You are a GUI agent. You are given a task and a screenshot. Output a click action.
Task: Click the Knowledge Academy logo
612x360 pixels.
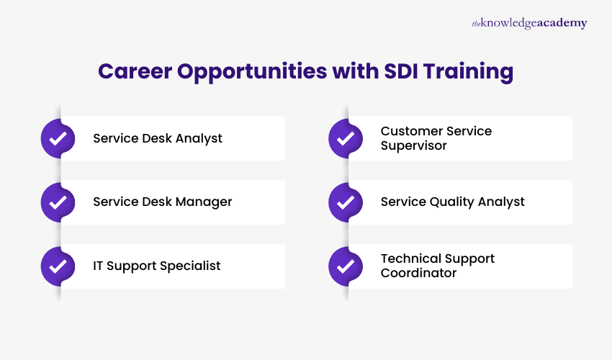(x=529, y=23)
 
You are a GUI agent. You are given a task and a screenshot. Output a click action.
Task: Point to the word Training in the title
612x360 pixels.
(x=471, y=72)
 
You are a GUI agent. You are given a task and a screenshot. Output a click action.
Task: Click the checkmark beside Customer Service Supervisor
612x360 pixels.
(x=346, y=138)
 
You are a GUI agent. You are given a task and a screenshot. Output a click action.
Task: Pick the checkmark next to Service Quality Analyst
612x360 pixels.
(x=346, y=202)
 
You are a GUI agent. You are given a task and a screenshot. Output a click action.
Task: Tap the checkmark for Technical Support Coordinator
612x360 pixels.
(x=346, y=266)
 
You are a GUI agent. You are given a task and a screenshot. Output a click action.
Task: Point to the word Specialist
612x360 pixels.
(x=193, y=266)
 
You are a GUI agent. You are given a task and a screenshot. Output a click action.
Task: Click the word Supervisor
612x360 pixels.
(x=414, y=145)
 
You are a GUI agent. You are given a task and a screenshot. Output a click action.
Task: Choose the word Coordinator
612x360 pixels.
(x=419, y=273)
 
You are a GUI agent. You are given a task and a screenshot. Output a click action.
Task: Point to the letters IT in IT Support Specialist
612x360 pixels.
(x=99, y=266)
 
